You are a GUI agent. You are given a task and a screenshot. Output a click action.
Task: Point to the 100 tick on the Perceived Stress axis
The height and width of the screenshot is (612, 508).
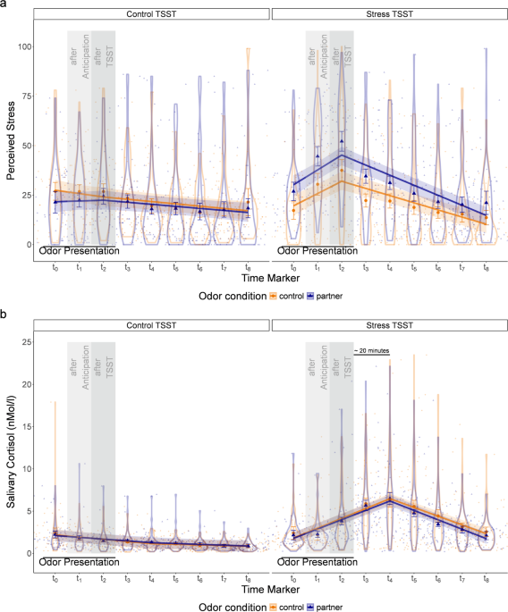coord(24,46)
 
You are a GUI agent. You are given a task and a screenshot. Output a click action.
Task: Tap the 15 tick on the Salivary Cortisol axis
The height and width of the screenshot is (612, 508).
coord(27,426)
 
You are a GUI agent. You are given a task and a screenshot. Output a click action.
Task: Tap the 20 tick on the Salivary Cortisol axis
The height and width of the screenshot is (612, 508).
coord(27,384)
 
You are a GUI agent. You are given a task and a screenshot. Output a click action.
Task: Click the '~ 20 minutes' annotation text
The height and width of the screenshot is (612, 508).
coord(370,351)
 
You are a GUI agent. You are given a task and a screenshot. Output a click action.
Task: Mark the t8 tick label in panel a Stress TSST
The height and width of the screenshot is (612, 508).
coord(486,265)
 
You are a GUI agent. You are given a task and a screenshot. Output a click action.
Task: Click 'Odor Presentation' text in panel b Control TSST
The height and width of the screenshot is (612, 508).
coord(79,561)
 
